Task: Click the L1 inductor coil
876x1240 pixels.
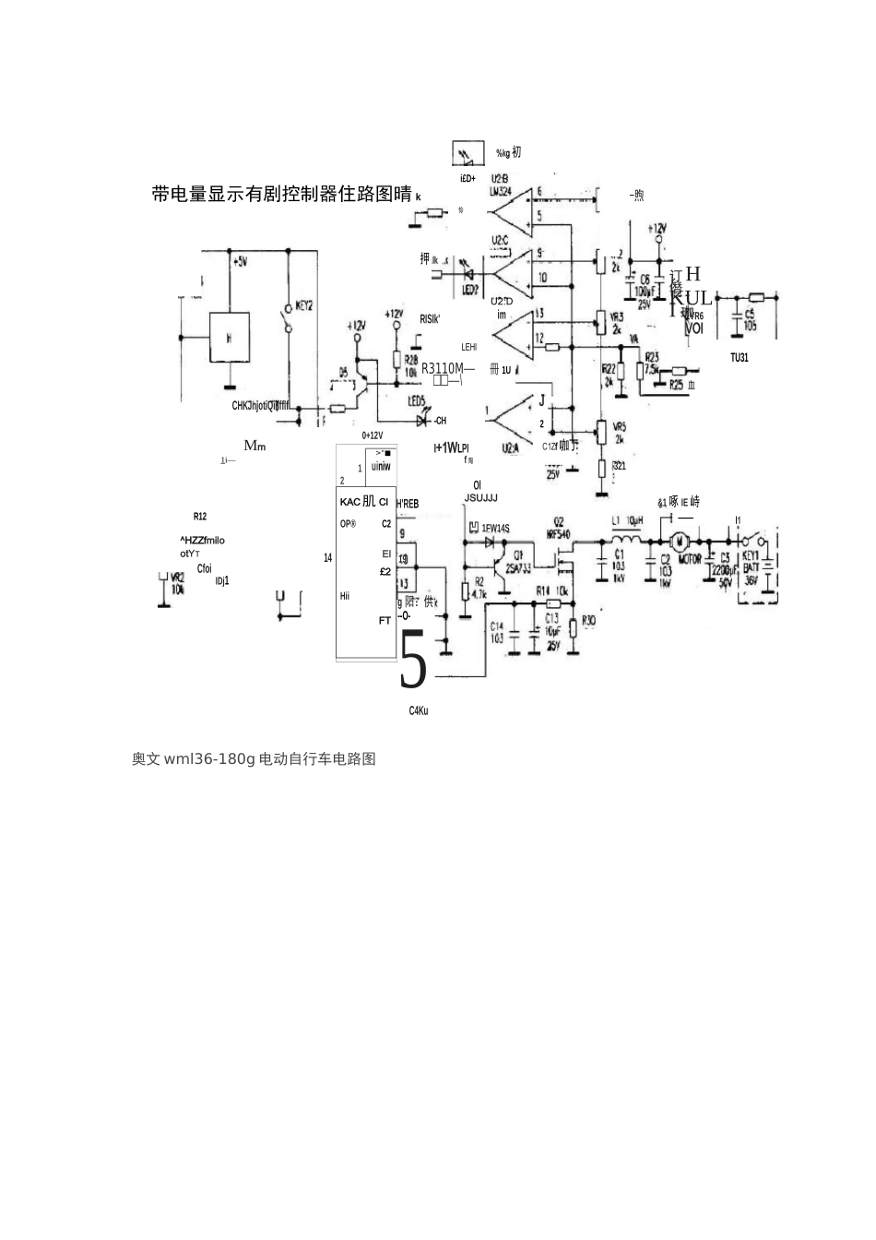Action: click(x=630, y=540)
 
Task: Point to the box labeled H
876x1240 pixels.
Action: click(x=230, y=338)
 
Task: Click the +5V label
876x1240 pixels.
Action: click(x=240, y=262)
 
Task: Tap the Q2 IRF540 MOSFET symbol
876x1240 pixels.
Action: click(x=561, y=557)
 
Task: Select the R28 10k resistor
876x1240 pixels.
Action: click(x=397, y=361)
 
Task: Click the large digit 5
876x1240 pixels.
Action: click(x=414, y=661)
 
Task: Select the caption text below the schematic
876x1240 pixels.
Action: click(x=254, y=759)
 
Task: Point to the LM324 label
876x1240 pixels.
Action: click(x=501, y=191)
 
